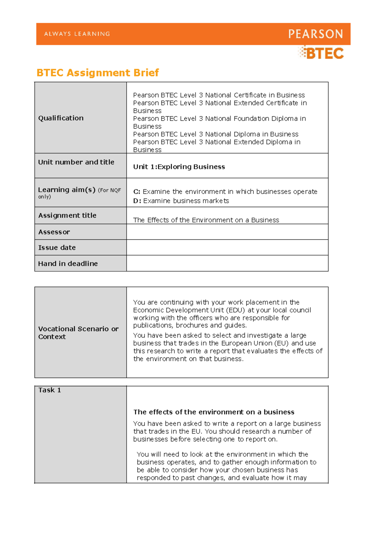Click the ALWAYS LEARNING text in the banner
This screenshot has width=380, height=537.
(77, 34)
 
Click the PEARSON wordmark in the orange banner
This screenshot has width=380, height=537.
(315, 34)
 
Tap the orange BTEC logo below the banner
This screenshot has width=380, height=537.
(321, 53)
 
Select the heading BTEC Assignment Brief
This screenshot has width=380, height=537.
(98, 73)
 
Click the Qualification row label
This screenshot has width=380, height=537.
(61, 118)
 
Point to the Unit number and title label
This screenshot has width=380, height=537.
(76, 162)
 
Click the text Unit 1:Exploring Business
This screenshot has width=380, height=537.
(179, 167)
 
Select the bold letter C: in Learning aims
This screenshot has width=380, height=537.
(136, 192)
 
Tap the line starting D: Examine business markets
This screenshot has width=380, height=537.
(181, 201)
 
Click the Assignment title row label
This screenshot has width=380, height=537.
(67, 216)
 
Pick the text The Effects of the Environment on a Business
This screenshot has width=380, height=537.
(206, 220)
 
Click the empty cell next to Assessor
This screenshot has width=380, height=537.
(227, 232)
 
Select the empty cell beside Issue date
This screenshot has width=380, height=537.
(227, 248)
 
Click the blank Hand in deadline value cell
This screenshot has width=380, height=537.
(227, 263)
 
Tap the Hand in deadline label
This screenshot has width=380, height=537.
(68, 264)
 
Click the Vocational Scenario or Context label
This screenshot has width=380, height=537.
(78, 333)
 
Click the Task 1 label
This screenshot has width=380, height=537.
(49, 390)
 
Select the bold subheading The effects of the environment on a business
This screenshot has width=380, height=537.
(214, 412)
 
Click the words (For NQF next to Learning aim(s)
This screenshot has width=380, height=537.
(109, 190)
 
